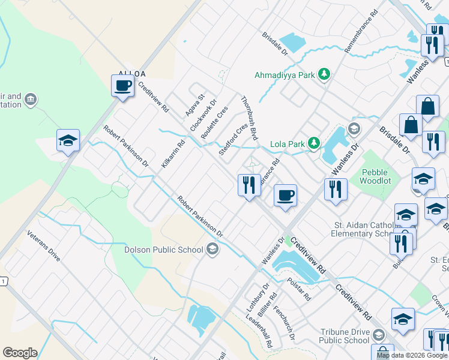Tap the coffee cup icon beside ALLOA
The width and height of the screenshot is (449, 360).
[x=123, y=85]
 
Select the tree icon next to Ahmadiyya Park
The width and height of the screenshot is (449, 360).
[x=324, y=74]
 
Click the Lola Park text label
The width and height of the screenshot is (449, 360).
[x=288, y=143]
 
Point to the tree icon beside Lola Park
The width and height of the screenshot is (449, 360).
[x=313, y=143]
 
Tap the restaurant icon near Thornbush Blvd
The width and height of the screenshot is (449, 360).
[x=249, y=185]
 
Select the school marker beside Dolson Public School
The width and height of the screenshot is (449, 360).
[x=212, y=248]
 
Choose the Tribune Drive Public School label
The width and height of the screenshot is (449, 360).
[x=345, y=336]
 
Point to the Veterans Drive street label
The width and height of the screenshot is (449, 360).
[x=44, y=246]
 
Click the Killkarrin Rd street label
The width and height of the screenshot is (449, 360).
[x=173, y=153]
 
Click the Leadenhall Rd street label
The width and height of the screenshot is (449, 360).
[x=263, y=337]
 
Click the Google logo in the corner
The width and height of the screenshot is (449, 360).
[x=20, y=353]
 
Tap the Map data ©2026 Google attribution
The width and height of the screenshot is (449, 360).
[x=411, y=355]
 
